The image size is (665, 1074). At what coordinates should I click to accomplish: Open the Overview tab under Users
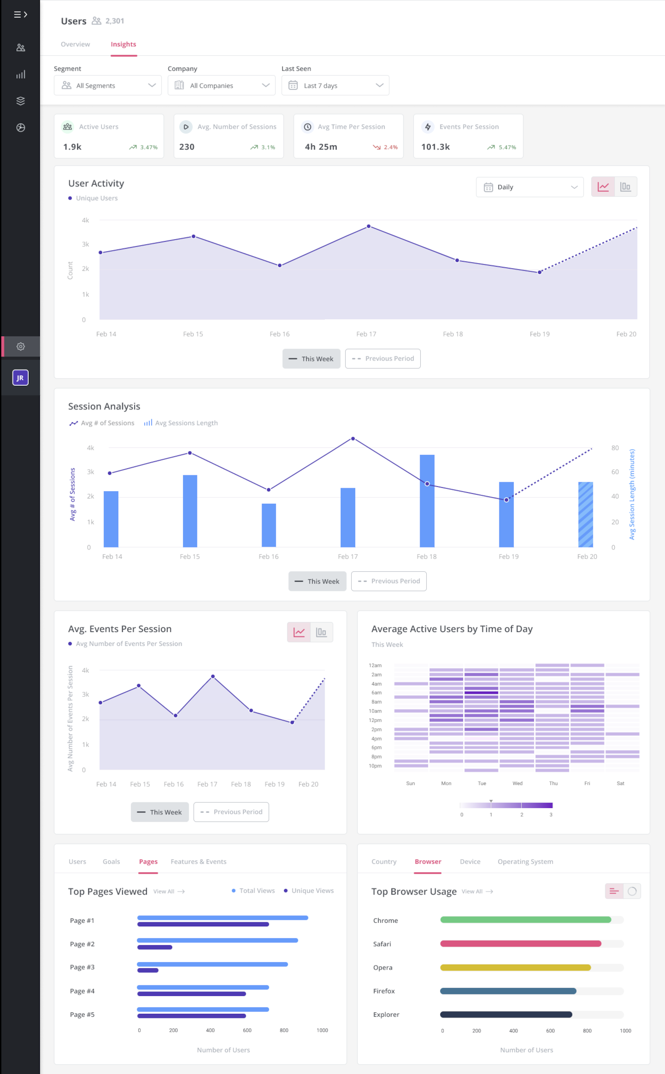click(x=75, y=44)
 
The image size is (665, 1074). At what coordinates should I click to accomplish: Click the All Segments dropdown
click(x=107, y=86)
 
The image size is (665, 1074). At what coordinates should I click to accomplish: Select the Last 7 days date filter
click(x=335, y=86)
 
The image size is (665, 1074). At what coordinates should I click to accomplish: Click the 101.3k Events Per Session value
click(x=435, y=147)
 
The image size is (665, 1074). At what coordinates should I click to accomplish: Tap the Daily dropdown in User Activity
click(x=529, y=187)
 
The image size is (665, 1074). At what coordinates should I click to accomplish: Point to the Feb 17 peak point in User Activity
click(x=369, y=226)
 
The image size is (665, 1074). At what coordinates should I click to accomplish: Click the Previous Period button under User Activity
click(x=382, y=358)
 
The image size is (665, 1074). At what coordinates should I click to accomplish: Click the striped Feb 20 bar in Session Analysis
click(x=585, y=515)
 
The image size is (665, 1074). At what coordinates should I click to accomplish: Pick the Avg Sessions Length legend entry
click(x=181, y=423)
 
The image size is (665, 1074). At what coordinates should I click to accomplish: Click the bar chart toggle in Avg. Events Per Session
click(x=321, y=632)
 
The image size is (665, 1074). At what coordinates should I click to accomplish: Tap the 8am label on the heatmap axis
click(x=377, y=702)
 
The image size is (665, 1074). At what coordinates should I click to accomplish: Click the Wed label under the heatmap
click(x=517, y=783)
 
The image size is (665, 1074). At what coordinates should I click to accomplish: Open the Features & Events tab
click(x=198, y=862)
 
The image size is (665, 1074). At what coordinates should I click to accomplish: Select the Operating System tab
click(x=525, y=862)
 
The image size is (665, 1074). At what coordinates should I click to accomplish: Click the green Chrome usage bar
click(x=525, y=920)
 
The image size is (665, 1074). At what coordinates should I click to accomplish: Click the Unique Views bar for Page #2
click(x=155, y=947)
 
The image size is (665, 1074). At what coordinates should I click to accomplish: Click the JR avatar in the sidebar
click(x=20, y=378)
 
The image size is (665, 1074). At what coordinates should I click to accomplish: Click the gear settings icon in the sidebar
click(x=20, y=347)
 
